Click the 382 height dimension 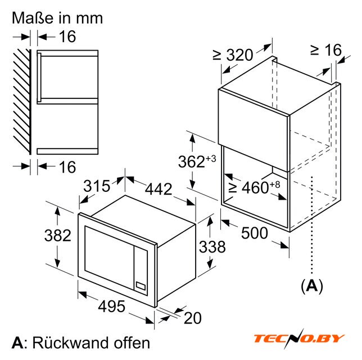pos(58,236)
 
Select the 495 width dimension pos(112,306)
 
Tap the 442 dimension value pos(159,189)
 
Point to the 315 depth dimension pos(97,186)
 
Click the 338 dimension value pos(212,246)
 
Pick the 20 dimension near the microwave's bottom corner pos(193,318)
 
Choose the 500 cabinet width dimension pos(255,233)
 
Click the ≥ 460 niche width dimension pos(254,187)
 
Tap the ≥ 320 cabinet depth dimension pos(233,55)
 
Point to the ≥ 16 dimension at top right pos(326,49)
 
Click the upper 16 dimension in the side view pos(67,37)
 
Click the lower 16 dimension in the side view pos(67,167)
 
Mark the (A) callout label pos(311,286)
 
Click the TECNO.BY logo pos(299,338)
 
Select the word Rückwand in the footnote pos(71,343)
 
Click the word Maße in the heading pos(33,18)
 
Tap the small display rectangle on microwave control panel pos(141,286)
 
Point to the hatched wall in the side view pos(22,102)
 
